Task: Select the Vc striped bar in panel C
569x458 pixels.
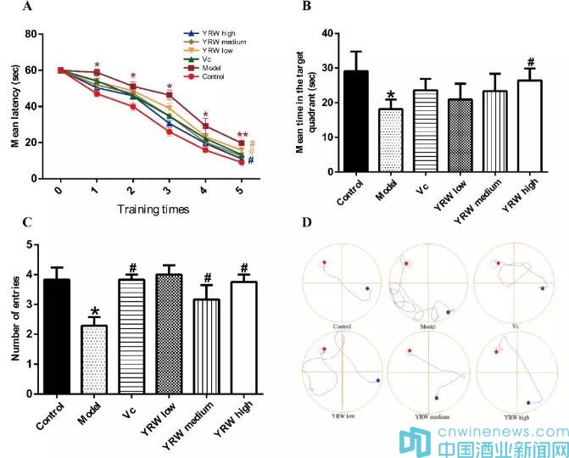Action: pyautogui.click(x=132, y=335)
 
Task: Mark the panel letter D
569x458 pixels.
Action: pyautogui.click(x=307, y=223)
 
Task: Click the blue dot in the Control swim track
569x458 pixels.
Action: pyautogui.click(x=366, y=289)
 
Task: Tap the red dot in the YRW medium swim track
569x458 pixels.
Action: pyautogui.click(x=410, y=351)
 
